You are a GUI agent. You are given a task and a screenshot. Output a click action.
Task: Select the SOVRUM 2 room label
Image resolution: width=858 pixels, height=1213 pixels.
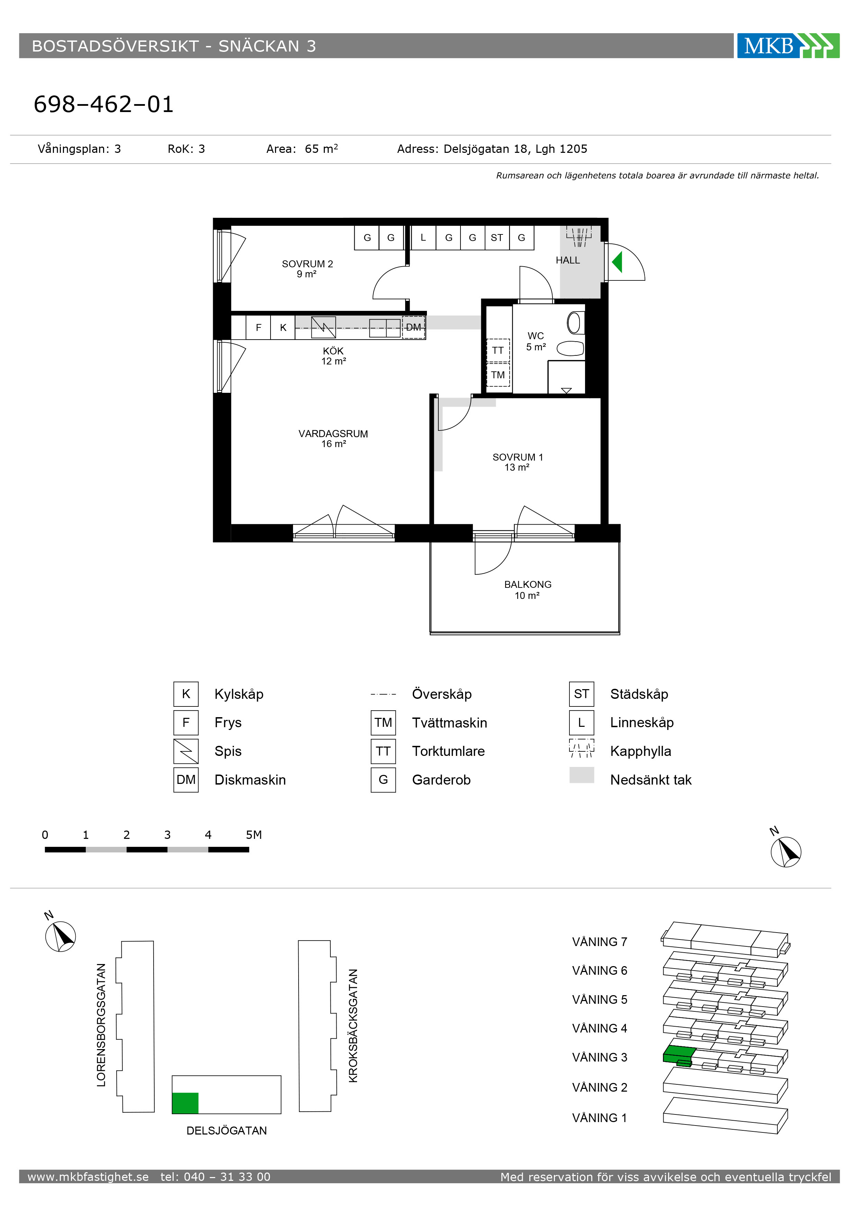pyautogui.click(x=307, y=268)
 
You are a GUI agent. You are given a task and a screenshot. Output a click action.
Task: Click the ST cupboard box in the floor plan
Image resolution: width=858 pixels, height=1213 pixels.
pyautogui.click(x=497, y=238)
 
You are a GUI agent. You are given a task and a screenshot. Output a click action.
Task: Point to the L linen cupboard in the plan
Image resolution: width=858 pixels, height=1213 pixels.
pyautogui.click(x=423, y=238)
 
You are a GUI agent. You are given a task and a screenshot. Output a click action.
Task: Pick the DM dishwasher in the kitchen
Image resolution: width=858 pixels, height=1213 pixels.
pyautogui.click(x=413, y=327)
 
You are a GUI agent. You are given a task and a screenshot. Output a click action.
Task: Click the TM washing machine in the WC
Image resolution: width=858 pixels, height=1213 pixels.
pyautogui.click(x=498, y=375)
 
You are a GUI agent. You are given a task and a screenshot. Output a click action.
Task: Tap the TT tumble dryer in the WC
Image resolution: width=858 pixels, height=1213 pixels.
pyautogui.click(x=498, y=350)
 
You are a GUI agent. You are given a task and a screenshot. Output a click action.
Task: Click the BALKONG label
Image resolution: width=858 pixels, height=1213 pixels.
pyautogui.click(x=528, y=584)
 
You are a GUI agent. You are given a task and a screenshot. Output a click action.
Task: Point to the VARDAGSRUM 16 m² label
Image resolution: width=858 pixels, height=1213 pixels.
pyautogui.click(x=333, y=438)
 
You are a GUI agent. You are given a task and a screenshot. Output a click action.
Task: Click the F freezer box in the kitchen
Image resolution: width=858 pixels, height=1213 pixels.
pyautogui.click(x=258, y=327)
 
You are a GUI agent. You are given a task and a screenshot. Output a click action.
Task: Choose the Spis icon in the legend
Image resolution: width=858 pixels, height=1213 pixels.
pyautogui.click(x=186, y=751)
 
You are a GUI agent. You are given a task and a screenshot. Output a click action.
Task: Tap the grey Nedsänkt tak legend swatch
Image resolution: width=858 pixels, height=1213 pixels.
pyautogui.click(x=582, y=775)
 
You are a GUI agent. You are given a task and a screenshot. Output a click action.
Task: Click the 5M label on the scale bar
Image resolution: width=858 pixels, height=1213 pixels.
pyautogui.click(x=254, y=835)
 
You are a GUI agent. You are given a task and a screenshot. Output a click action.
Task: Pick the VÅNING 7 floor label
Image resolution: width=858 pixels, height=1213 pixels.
pyautogui.click(x=600, y=942)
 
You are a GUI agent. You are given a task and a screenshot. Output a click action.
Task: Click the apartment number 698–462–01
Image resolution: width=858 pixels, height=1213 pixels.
pyautogui.click(x=103, y=104)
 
